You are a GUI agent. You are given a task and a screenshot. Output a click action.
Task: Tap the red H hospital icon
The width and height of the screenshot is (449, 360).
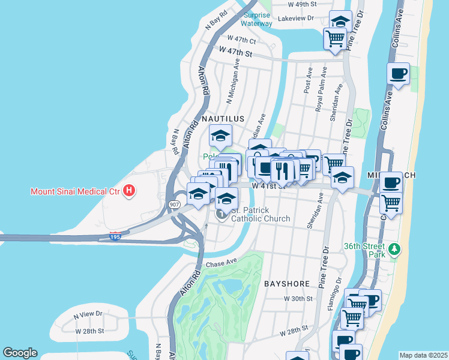coord(128,192)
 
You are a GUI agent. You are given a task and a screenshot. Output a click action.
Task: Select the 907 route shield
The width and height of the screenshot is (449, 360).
coord(175,205)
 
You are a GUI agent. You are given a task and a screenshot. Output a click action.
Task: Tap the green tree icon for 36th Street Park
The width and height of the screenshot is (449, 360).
coord(394,248)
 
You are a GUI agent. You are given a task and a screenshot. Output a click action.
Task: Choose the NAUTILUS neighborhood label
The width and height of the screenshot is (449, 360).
coord(223,119)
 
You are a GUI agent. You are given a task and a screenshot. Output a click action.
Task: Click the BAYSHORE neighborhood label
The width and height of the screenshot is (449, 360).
coord(286,283)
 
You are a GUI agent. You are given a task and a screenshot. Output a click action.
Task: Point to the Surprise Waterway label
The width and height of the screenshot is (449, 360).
coord(256,20)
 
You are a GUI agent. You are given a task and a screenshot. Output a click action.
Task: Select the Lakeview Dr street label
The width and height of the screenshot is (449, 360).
coord(294,19)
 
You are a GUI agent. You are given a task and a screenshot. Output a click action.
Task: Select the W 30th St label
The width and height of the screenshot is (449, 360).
coord(298,298)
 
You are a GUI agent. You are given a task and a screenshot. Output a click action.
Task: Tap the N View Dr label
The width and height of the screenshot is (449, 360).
coord(88,314)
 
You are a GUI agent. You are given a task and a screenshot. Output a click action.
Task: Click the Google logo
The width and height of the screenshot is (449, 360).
coord(20,353)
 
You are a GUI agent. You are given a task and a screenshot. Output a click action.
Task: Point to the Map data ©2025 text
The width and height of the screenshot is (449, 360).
coord(423,355)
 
